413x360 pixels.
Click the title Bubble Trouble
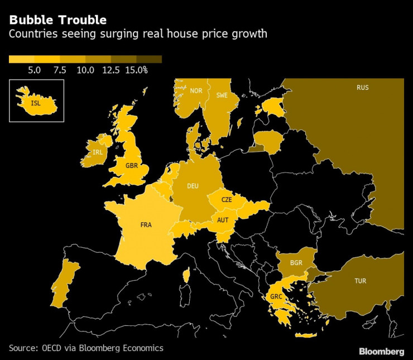click(x=57, y=20)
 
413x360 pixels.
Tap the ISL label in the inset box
click(x=36, y=103)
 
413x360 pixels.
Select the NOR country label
click(x=196, y=90)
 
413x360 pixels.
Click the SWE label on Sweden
click(x=222, y=95)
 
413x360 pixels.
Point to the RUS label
click(x=363, y=88)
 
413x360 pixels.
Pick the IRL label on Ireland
click(x=98, y=152)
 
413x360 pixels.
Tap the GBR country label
click(x=132, y=166)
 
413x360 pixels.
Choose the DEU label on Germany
click(x=193, y=186)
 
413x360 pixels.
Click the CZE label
click(x=227, y=199)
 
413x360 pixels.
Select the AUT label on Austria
click(x=223, y=220)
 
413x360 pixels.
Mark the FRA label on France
click(x=146, y=225)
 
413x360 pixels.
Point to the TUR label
click(x=361, y=281)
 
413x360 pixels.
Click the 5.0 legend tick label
click(x=35, y=70)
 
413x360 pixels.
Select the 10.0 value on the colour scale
click(x=85, y=70)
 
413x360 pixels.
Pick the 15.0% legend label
click(x=137, y=70)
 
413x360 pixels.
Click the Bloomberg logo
click(x=382, y=351)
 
